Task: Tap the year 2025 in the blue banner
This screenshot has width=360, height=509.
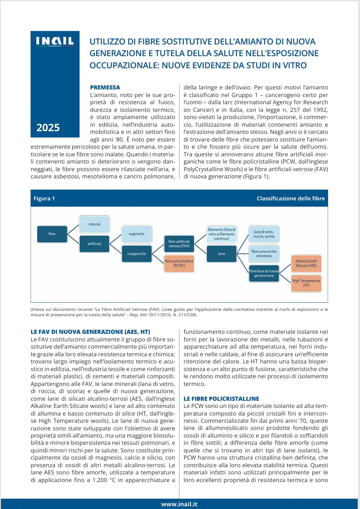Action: (48, 128)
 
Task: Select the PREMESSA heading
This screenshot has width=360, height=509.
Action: (105, 87)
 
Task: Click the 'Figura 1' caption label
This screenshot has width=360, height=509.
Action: (44, 199)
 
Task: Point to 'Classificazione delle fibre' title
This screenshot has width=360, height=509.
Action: (290, 199)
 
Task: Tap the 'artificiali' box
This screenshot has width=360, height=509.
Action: (94, 244)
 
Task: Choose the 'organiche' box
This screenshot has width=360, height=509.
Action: (137, 234)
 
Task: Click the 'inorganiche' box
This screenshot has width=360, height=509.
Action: (137, 254)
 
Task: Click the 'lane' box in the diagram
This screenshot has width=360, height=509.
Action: (222, 254)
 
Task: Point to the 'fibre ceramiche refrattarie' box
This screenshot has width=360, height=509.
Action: (264, 254)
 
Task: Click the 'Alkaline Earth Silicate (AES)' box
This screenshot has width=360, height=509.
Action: (306, 264)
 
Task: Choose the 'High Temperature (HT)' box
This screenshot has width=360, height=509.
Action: (306, 283)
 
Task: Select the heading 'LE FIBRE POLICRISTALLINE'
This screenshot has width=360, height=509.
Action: (221, 398)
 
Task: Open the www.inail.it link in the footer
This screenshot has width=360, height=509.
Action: (179, 504)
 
